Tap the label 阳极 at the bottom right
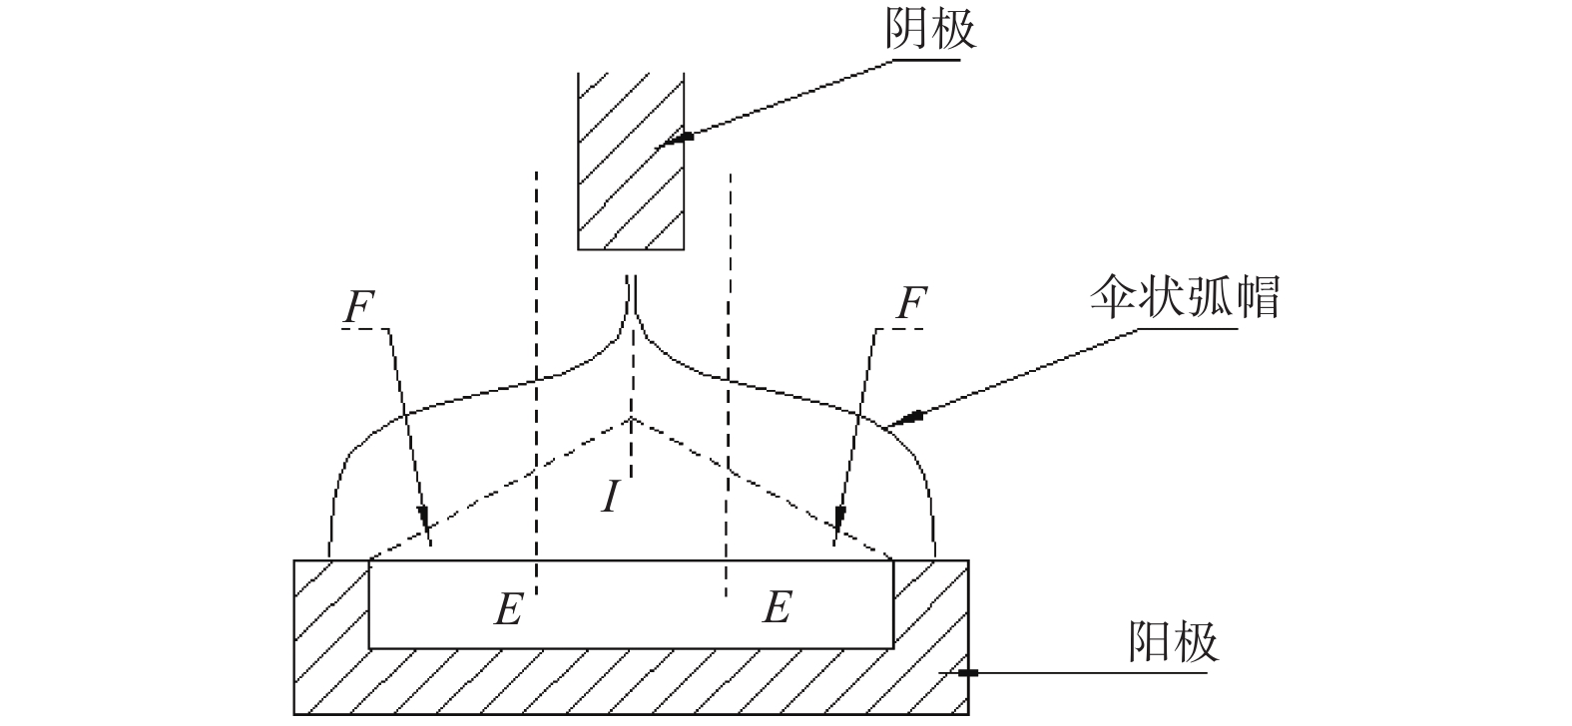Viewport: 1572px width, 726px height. pyautogui.click(x=1174, y=641)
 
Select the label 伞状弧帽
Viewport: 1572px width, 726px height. pyautogui.click(x=1186, y=296)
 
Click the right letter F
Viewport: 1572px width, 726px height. pyautogui.click(x=911, y=303)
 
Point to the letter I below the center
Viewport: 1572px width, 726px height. pyautogui.click(x=611, y=496)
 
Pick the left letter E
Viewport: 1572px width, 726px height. pyautogui.click(x=509, y=608)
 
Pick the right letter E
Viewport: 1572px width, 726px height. pyautogui.click(x=778, y=606)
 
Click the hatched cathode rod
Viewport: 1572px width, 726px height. pyautogui.click(x=631, y=161)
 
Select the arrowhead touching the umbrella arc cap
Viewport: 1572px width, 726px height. pyautogui.click(x=904, y=420)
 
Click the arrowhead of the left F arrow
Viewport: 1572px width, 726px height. pyautogui.click(x=424, y=520)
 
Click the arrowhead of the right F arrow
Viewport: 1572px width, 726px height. pyautogui.click(x=838, y=520)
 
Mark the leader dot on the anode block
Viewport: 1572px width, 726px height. pyautogui.click(x=968, y=673)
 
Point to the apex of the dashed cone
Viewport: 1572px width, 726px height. pyautogui.click(x=632, y=418)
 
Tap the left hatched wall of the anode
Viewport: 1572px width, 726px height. pyautogui.click(x=331, y=604)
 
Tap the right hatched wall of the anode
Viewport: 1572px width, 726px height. pyautogui.click(x=931, y=604)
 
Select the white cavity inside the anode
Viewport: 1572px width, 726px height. pyautogui.click(x=632, y=604)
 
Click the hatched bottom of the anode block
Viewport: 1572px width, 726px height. pyautogui.click(x=632, y=681)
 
